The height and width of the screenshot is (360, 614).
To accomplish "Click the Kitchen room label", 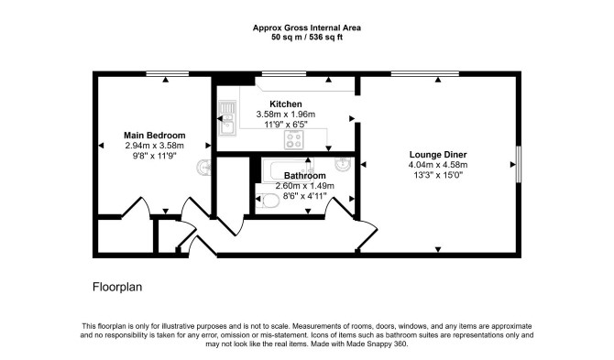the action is pyautogui.click(x=285, y=104).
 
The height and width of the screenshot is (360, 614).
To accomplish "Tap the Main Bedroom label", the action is pyautogui.click(x=154, y=136).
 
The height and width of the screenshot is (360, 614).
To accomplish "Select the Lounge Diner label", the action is pyautogui.click(x=438, y=155).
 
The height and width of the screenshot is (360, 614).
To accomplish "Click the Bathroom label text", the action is pyautogui.click(x=304, y=176).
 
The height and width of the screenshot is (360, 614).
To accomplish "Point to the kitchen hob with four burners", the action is pyautogui.click(x=293, y=140).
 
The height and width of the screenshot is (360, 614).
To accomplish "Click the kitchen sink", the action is pyautogui.click(x=227, y=118).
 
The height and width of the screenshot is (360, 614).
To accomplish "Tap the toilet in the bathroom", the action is pyautogui.click(x=267, y=202).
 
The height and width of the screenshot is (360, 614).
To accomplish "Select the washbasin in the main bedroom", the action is pyautogui.click(x=203, y=168).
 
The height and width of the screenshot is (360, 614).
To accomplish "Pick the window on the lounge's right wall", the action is pyautogui.click(x=519, y=164).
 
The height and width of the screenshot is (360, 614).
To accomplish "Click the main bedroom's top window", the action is pyautogui.click(x=167, y=73).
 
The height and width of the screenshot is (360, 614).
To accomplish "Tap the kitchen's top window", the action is pyautogui.click(x=284, y=73).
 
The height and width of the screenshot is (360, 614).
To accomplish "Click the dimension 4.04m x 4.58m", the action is pyautogui.click(x=438, y=165).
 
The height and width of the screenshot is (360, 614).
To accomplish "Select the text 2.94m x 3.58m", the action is pyautogui.click(x=154, y=146).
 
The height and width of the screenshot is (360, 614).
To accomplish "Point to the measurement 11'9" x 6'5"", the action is pyautogui.click(x=285, y=125).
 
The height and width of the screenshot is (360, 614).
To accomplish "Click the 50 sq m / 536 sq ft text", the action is pyautogui.click(x=307, y=38).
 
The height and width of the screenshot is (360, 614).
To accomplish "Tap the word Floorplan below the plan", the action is pyautogui.click(x=117, y=288).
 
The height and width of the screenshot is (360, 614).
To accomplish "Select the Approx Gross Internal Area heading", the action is pyautogui.click(x=307, y=27).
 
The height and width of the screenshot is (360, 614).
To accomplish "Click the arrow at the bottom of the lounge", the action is pyautogui.click(x=438, y=249).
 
